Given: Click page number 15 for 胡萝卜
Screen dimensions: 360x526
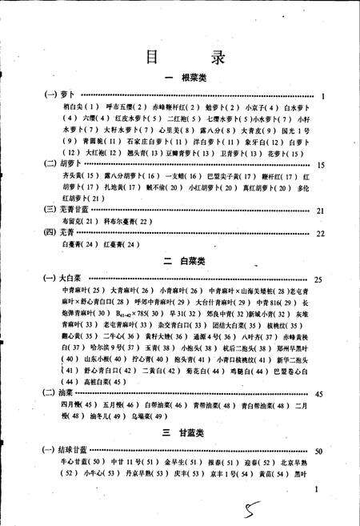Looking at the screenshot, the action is pos(320,165).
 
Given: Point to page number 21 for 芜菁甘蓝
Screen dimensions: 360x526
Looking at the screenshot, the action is pos(320,211).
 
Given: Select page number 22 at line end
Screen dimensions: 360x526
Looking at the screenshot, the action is pos(320,234).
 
